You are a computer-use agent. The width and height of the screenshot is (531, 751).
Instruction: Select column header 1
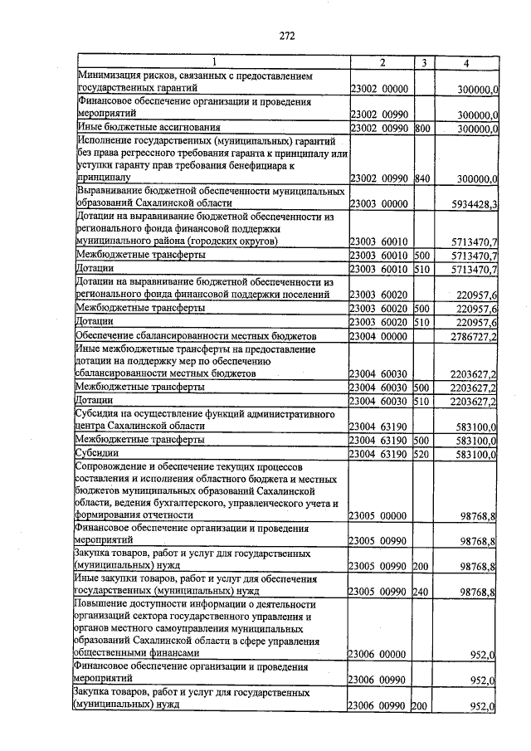(212, 62)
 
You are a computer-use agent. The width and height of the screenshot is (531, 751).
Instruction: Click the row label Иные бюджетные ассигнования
(149, 128)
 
